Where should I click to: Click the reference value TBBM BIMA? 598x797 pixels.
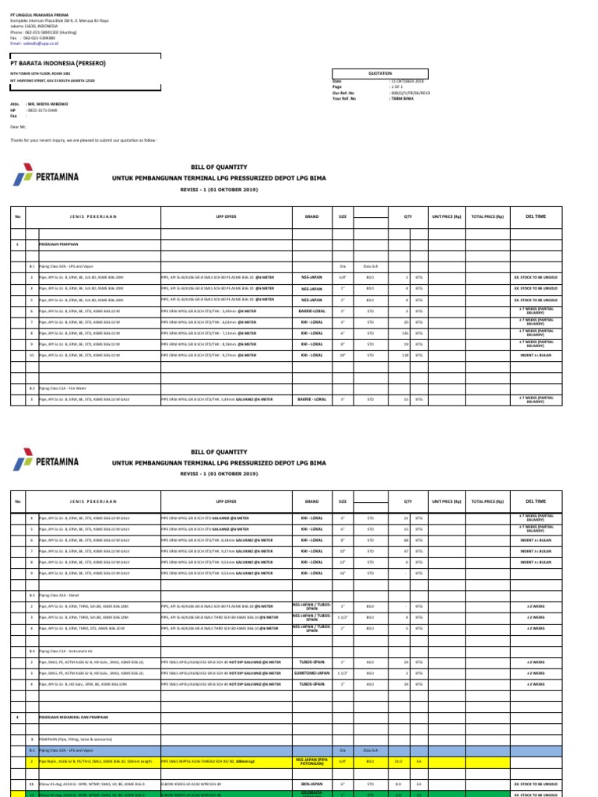[401, 98]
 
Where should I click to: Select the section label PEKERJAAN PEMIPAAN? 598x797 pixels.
[58, 244]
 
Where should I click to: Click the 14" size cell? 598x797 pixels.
[343, 572]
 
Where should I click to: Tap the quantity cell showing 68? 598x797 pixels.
[405, 539]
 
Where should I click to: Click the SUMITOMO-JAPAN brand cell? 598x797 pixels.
[311, 672]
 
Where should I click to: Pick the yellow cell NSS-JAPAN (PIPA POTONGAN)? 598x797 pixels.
[311, 760]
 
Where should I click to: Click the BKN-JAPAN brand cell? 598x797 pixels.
[311, 784]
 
